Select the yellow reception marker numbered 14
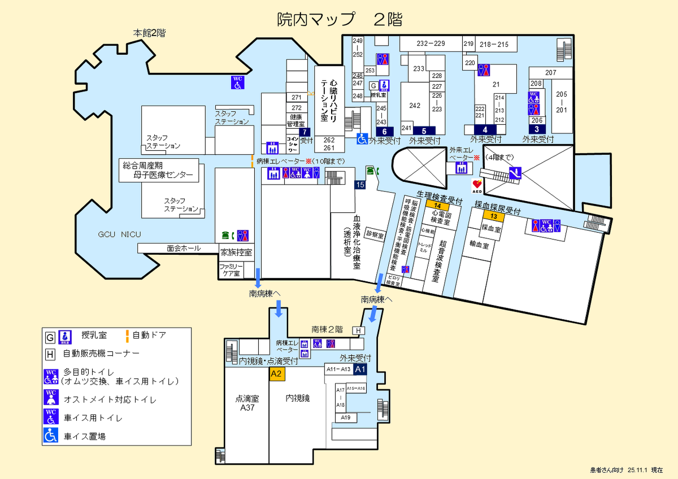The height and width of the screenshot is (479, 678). coord(437,206)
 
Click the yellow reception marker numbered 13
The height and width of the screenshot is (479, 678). coord(493,216)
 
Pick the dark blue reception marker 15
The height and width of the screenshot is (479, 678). coord(360,185)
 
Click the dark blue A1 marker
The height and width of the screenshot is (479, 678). coord(360,369)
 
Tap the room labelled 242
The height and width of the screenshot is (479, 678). coord(415,106)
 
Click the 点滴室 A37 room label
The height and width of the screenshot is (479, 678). coord(247,402)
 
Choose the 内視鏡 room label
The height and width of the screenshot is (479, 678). coord(297,398)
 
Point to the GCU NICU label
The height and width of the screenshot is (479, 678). coord(119,234)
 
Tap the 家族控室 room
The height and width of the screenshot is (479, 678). coord(236,252)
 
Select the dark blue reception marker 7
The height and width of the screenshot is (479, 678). coord(305,132)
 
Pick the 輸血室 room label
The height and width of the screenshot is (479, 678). coord(479,246)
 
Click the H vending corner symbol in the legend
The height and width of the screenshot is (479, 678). coord(50,354)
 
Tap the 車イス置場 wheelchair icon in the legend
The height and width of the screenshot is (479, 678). coord(51,436)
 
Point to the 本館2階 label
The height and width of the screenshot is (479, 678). coord(149,33)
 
